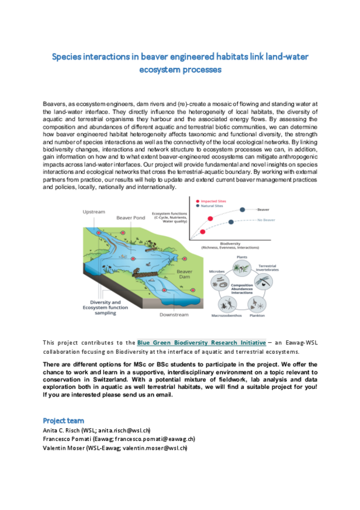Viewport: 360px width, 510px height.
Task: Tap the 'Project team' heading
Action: [63, 420]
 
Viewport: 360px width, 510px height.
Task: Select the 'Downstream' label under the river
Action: [174, 315]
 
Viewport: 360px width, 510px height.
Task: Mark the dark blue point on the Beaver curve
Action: [254, 209]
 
